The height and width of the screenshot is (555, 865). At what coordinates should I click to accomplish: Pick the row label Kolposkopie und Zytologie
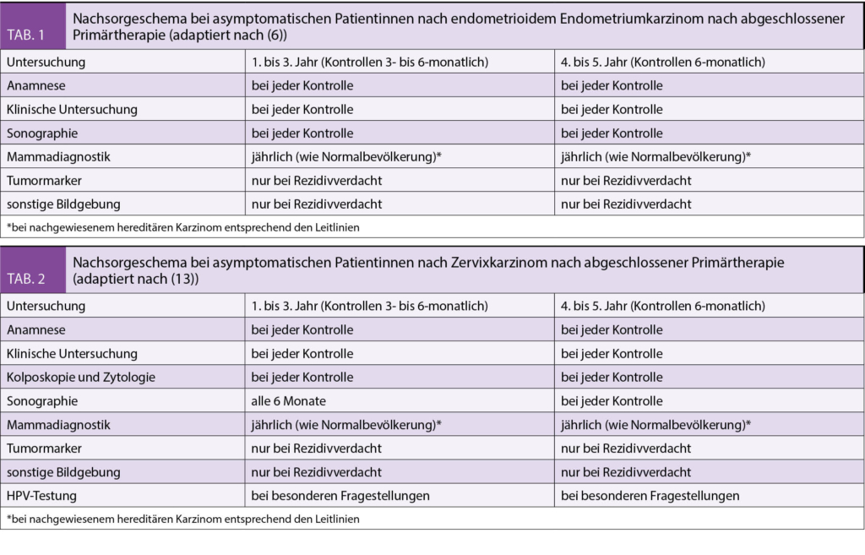click(80, 377)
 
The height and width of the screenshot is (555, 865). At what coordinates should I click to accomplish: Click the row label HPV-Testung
click(42, 495)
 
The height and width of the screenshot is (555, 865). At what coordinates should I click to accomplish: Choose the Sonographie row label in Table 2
click(42, 400)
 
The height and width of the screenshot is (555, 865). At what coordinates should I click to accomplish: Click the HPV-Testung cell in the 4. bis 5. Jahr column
click(650, 495)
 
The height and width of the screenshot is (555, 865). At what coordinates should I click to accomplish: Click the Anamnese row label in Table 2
click(36, 329)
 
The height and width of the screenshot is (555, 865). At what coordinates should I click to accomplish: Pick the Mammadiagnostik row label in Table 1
click(58, 156)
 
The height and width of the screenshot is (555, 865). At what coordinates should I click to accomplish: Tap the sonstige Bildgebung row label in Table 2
click(63, 471)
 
